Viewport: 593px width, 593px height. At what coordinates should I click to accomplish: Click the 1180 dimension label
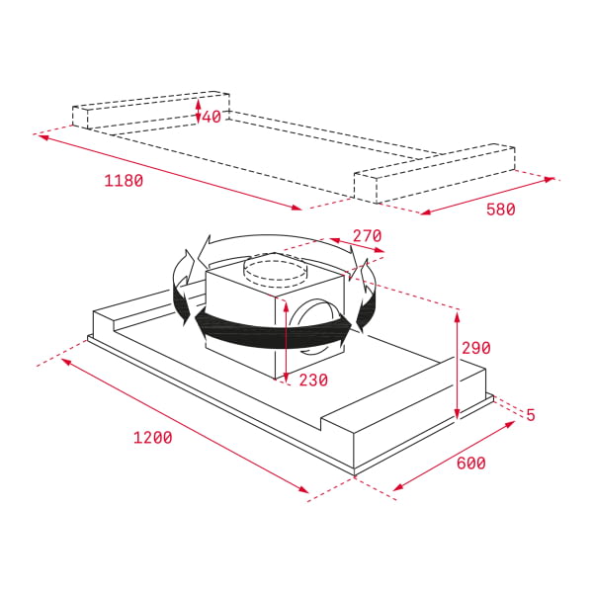pos(124,181)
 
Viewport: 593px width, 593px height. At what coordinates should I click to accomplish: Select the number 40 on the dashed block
pos(212,117)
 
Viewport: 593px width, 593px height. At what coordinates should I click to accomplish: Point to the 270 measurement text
pos(366,236)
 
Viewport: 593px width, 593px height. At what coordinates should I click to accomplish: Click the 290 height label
pos(475,348)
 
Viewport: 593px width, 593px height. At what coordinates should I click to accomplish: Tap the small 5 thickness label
pos(531,415)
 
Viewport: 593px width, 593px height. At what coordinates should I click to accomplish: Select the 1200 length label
pos(153,438)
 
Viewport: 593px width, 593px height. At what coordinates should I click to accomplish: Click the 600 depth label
pos(469,463)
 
